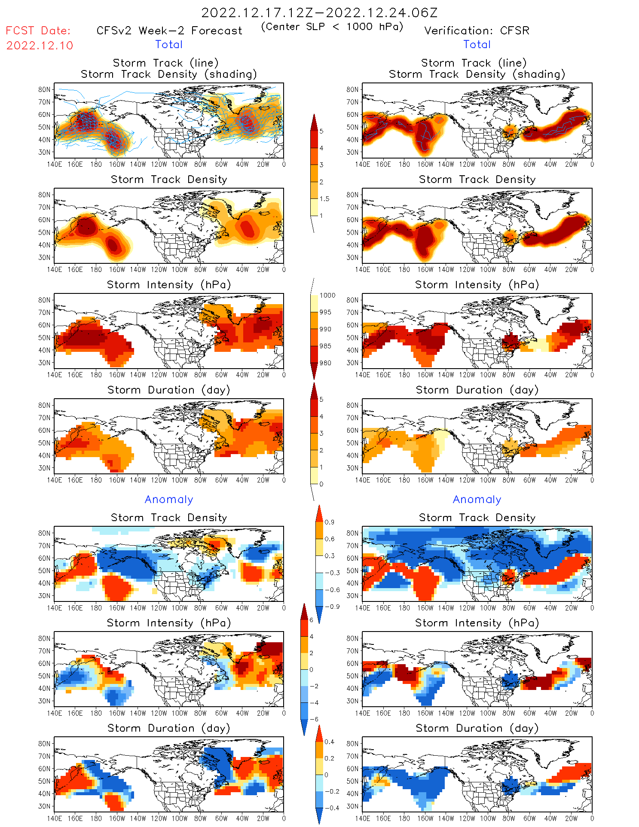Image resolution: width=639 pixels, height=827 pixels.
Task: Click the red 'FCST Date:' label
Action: [x=38, y=31]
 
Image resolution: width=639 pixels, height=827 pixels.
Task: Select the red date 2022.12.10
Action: [x=40, y=46]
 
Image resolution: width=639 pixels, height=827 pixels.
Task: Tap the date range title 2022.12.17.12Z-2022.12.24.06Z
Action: [x=319, y=12]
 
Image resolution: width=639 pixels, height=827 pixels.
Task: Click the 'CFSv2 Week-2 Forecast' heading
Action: [x=169, y=31]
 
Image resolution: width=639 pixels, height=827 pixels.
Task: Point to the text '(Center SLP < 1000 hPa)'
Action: [x=332, y=27]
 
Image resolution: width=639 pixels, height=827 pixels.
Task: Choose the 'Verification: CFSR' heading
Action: [x=477, y=31]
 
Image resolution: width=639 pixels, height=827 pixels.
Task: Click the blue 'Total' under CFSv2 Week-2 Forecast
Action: [x=169, y=44]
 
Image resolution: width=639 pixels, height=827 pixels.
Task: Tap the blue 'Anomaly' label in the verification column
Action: [x=477, y=499]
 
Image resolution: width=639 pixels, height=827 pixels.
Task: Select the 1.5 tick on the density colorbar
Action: [x=324, y=198]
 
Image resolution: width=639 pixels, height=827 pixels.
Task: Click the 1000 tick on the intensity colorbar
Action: [x=327, y=295]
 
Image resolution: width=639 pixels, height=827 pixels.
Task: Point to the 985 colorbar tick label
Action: [x=325, y=346]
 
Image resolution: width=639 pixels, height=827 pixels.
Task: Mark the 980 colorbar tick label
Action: [x=325, y=363]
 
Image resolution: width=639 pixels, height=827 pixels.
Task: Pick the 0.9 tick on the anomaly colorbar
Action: [x=329, y=522]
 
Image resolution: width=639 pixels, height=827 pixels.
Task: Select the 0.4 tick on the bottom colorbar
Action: [x=329, y=742]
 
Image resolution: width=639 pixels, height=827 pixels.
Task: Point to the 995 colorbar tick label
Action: [x=325, y=312]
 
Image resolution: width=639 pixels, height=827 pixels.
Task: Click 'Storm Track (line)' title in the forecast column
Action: [x=165, y=63]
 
